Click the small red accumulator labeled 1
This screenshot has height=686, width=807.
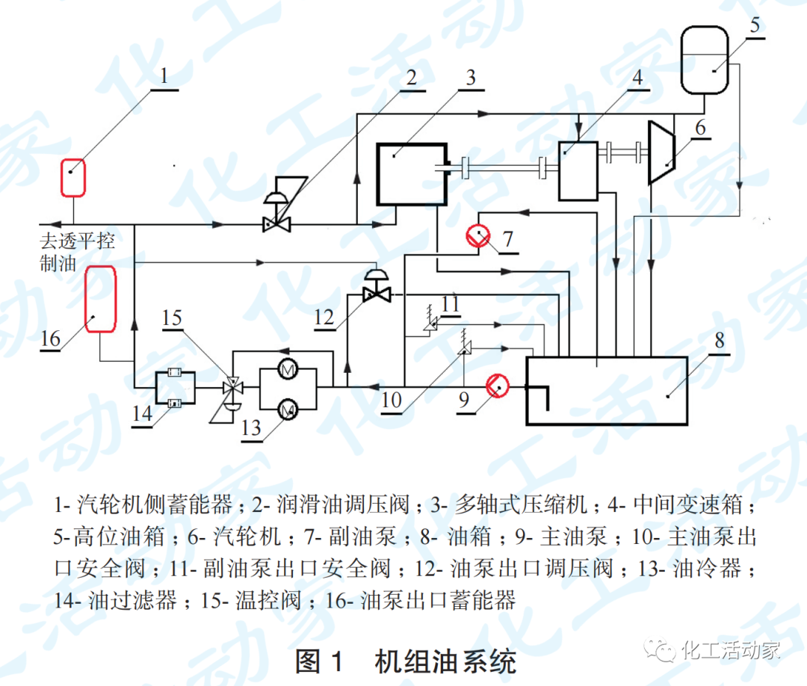72,177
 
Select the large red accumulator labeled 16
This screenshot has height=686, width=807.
101,299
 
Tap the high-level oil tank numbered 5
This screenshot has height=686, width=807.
705,60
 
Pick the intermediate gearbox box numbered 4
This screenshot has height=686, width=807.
578,170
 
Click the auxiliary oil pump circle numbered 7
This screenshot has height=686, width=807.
477,236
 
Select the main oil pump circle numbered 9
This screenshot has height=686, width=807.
497,386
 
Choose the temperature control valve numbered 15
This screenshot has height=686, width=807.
232,389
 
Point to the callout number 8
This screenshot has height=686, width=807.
719,341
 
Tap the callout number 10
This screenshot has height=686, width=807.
392,400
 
